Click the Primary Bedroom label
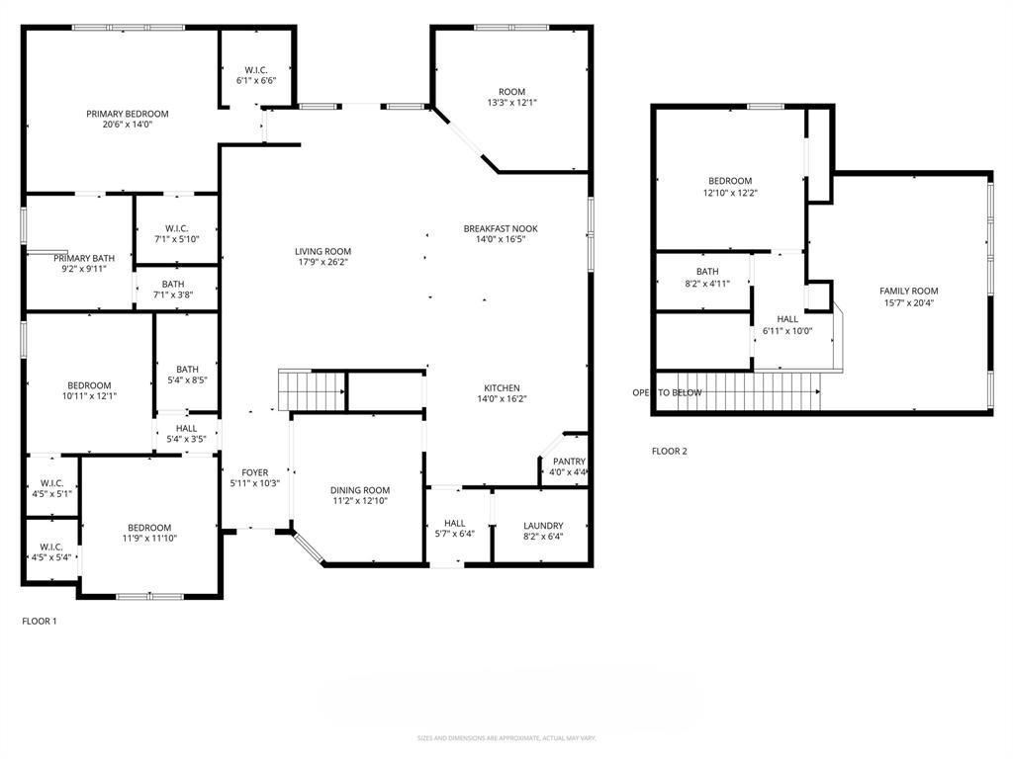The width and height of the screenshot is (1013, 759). click(x=127, y=114)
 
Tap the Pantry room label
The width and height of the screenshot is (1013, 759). click(x=569, y=462)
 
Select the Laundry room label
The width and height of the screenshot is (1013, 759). click(x=543, y=526)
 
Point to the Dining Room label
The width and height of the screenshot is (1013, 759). click(x=360, y=490)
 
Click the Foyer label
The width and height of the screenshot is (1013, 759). click(x=254, y=472)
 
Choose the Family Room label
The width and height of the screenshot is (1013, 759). click(x=908, y=291)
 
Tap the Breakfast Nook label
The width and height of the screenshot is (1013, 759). click(x=501, y=228)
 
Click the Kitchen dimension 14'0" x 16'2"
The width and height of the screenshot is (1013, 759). click(x=502, y=400)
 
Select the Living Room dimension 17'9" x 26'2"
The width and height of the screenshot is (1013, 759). click(x=322, y=263)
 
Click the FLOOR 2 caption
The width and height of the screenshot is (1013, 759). click(x=669, y=452)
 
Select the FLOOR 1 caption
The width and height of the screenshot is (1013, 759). click(x=40, y=622)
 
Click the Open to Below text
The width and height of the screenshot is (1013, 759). click(x=667, y=392)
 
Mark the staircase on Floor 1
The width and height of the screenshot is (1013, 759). click(x=311, y=389)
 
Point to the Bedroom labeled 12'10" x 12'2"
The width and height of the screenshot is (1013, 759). click(x=729, y=187)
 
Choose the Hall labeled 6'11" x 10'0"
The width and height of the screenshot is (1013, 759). click(x=786, y=325)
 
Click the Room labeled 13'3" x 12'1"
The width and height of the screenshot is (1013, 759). click(x=511, y=97)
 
